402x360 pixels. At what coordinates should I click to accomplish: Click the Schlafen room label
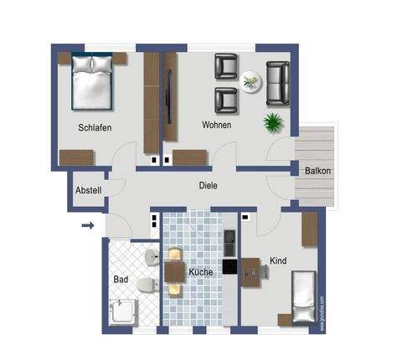tap(95, 127)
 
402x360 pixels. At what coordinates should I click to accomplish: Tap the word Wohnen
tap(216, 125)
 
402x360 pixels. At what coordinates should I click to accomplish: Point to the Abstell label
tap(89, 190)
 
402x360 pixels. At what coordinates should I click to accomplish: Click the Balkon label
tap(317, 172)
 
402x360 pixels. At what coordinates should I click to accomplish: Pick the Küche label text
tap(200, 272)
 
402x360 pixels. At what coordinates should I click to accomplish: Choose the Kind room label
tap(278, 261)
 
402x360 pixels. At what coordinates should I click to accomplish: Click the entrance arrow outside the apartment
tap(88, 224)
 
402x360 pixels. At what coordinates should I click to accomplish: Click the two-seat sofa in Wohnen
tap(279, 80)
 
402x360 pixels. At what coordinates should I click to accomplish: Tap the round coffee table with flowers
tap(250, 81)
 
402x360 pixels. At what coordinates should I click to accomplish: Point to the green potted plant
tap(273, 123)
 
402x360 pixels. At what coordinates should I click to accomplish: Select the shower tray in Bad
tap(124, 311)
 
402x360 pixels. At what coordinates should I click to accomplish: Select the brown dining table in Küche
tap(174, 270)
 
